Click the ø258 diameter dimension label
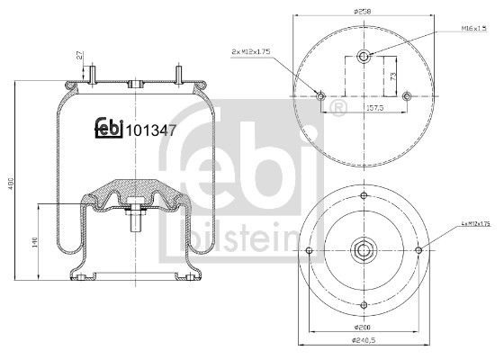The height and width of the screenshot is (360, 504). (x=364, y=11)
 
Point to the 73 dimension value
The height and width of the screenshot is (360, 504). (x=392, y=76)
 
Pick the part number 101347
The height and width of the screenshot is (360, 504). (x=150, y=130)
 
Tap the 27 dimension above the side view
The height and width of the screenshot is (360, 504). (x=80, y=58)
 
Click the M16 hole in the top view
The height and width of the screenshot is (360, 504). (x=364, y=57)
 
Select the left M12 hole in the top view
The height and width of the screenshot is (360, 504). (x=321, y=96)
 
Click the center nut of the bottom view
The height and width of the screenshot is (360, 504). (x=364, y=249)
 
